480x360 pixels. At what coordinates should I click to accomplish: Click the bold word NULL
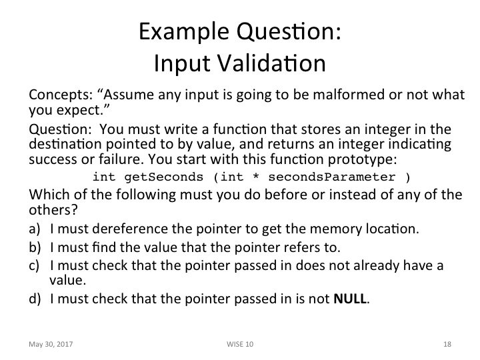(350, 298)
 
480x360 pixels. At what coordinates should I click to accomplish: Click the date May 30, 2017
(51, 344)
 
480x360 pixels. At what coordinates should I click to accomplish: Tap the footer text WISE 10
(239, 344)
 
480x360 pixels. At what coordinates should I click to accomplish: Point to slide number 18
(447, 344)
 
